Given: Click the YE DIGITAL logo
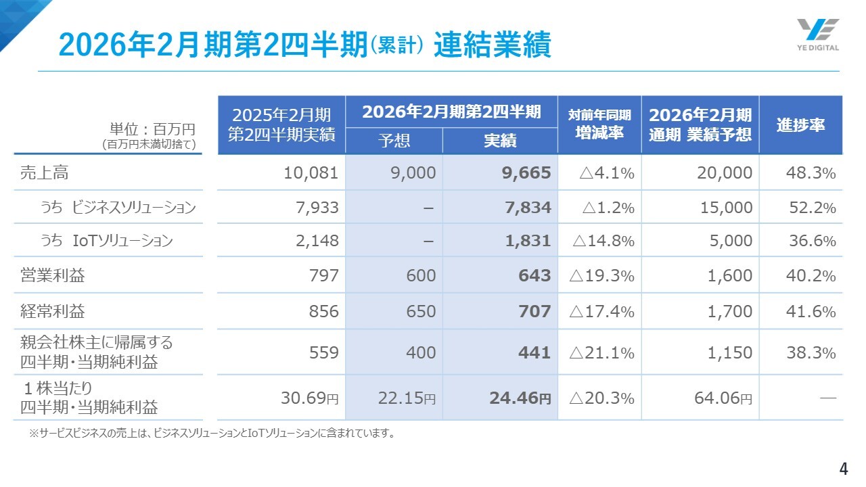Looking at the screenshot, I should click(817, 34).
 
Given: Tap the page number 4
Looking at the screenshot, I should click(843, 469).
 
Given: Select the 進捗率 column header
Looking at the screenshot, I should click(800, 125).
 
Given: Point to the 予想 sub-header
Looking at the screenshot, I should click(394, 141).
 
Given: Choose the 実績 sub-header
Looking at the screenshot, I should click(500, 141).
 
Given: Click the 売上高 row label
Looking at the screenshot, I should click(44, 172).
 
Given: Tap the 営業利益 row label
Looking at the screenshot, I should click(53, 275).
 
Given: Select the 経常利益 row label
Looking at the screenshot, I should click(53, 311).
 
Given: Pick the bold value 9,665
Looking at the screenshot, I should click(526, 173).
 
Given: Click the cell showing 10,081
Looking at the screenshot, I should click(311, 173).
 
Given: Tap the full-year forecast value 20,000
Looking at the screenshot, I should click(725, 173).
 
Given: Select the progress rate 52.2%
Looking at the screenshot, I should click(812, 208).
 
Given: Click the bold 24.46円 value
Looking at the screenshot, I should click(520, 398).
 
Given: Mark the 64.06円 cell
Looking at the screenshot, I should click(723, 398).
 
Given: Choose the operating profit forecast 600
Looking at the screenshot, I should click(421, 276).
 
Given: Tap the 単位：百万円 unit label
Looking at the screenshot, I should click(152, 129).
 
